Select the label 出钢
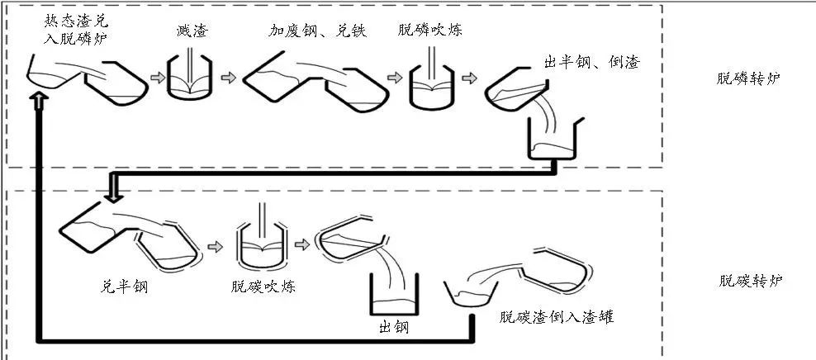click(x=391, y=329)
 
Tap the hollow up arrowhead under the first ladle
click(x=39, y=101)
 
